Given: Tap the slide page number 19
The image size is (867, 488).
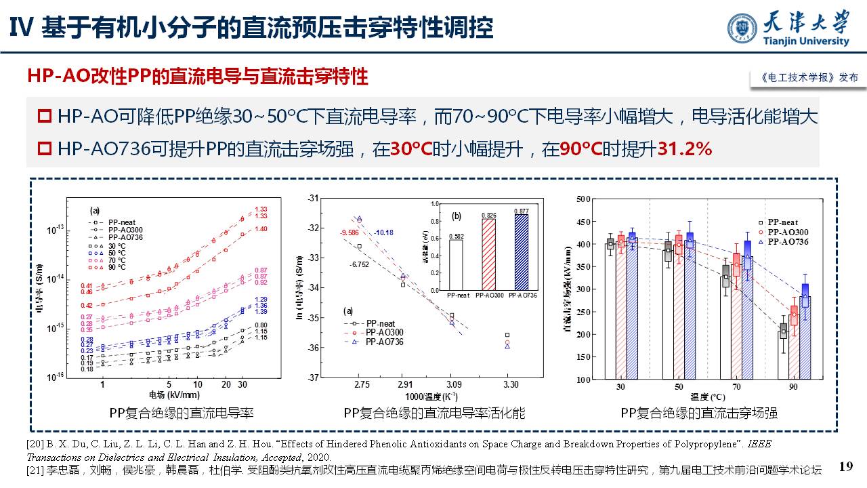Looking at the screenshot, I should click(845, 466).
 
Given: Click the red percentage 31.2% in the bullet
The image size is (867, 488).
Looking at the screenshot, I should click(685, 149).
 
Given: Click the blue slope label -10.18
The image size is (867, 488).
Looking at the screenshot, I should click(383, 233).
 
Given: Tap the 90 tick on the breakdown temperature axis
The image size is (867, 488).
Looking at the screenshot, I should click(792, 386).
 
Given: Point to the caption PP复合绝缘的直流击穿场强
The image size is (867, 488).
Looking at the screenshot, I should click(699, 412).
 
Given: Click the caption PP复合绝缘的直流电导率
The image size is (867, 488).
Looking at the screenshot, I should click(182, 412).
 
